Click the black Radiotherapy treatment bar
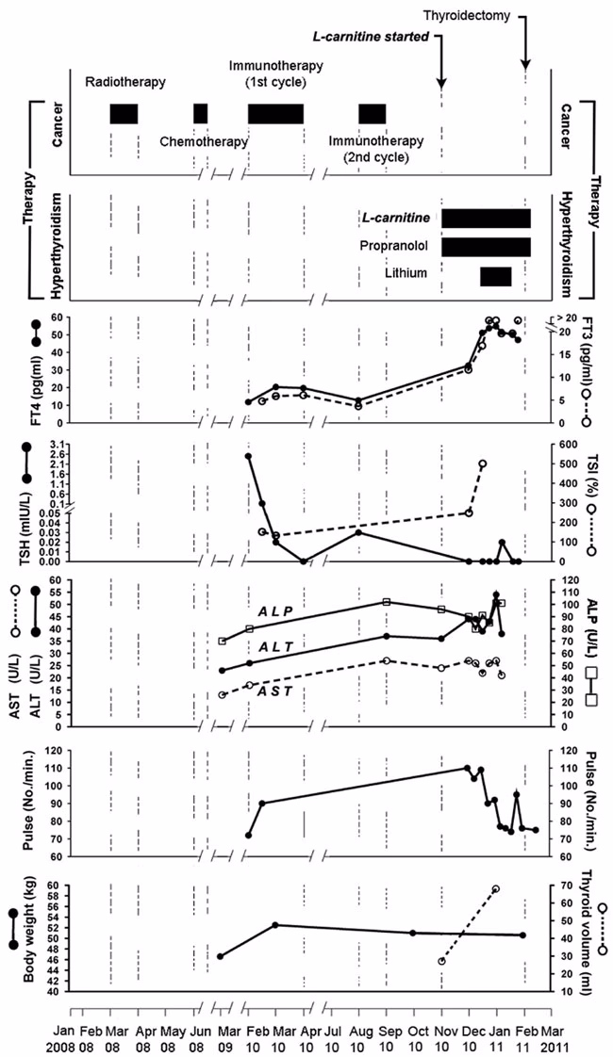pos(124,113)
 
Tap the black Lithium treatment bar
pos(495,276)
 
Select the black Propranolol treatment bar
pos(486,247)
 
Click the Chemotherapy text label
pos(204,141)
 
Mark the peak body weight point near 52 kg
pos(275,925)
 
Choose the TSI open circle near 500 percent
pos(483,463)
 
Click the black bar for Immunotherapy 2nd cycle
pos(372,113)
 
